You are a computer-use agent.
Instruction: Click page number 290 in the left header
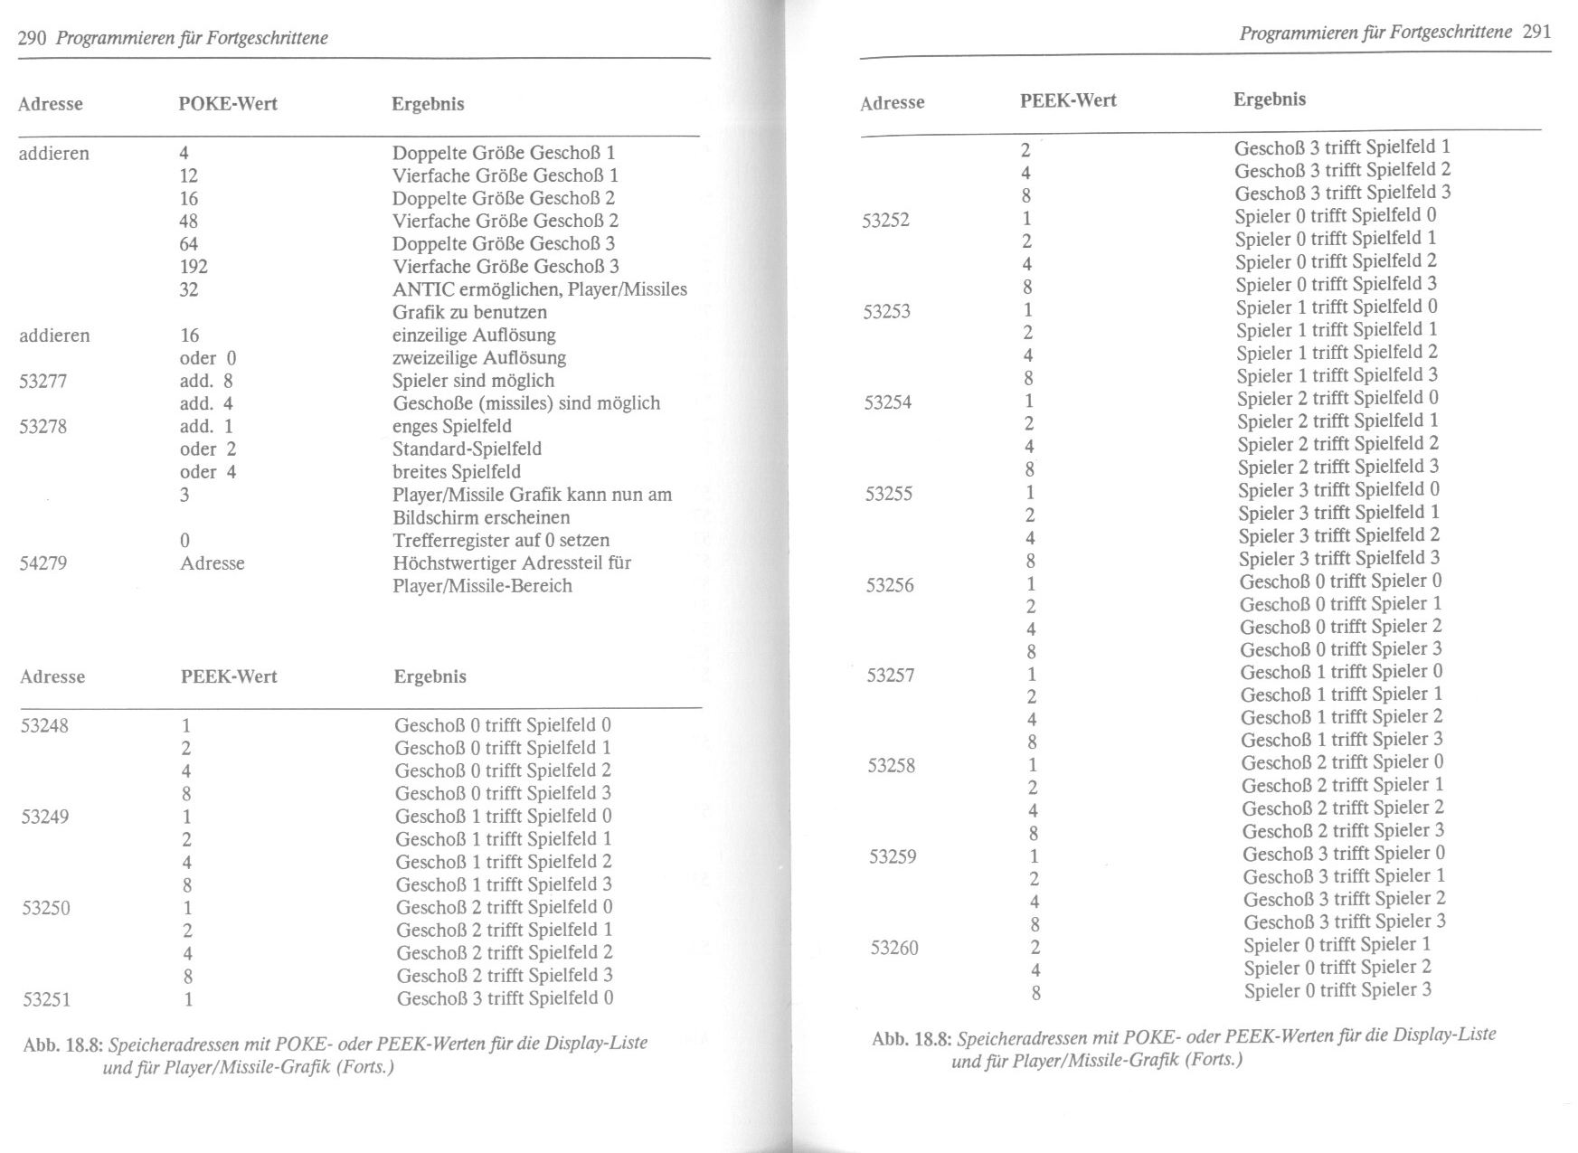[33, 38]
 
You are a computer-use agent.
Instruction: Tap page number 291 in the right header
[1536, 32]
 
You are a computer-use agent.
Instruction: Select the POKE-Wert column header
[228, 104]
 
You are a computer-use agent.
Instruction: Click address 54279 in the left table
[43, 563]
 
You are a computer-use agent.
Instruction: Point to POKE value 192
[194, 267]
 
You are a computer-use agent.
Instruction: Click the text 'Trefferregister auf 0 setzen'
[501, 541]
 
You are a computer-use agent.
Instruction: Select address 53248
[44, 726]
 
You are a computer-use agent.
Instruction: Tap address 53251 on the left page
[47, 1000]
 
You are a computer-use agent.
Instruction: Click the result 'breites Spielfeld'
[457, 472]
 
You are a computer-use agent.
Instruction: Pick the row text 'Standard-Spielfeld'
[467, 449]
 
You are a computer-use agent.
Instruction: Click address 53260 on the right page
[894, 948]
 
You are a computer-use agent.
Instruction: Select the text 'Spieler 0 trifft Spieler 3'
[1337, 990]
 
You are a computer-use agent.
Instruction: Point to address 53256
[890, 585]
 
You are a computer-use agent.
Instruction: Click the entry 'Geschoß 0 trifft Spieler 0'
[1340, 581]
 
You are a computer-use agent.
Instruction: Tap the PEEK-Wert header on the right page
[1068, 100]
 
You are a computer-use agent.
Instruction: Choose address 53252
[885, 220]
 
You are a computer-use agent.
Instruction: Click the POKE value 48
[189, 222]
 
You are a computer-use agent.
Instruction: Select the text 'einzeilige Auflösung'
[474, 336]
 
